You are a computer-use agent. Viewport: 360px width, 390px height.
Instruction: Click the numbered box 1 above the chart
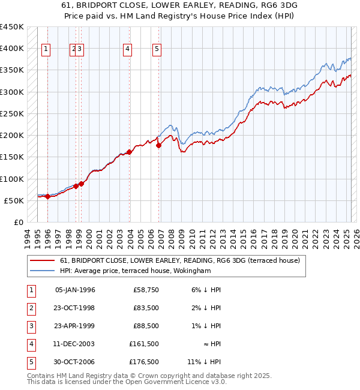47,50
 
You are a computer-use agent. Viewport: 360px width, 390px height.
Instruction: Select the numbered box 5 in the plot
157,50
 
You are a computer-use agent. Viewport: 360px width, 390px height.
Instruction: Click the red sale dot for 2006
159,145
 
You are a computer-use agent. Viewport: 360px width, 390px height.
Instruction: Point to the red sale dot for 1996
47,196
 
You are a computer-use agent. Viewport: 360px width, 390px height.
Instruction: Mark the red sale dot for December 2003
129,152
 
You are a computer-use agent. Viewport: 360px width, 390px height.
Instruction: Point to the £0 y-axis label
18,223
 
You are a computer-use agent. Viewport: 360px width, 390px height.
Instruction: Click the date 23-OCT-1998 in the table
74,308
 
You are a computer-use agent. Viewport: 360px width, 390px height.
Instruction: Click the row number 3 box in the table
31,326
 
